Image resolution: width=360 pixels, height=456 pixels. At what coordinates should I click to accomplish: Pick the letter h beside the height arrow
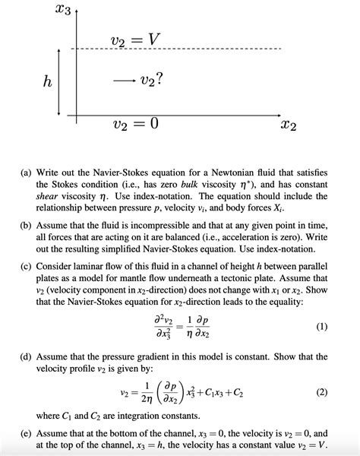(x=47, y=82)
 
